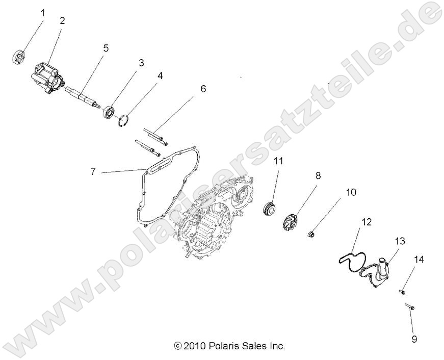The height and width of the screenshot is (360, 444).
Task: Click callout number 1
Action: pos(43,13)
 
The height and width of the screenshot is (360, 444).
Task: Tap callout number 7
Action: pos(93,172)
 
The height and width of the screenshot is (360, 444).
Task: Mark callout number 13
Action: pos(399,240)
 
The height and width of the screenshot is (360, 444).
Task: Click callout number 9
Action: pos(414,339)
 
